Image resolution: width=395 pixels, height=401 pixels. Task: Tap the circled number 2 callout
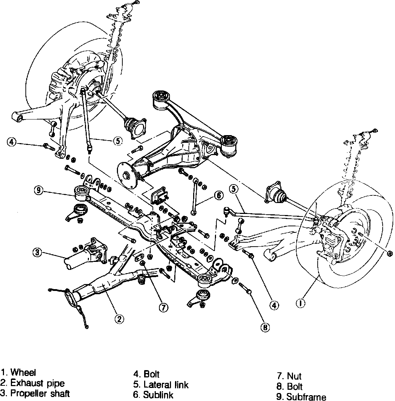coord(119,319)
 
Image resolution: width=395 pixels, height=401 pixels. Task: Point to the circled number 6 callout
coord(219,195)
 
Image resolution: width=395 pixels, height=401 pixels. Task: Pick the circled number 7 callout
coord(164,308)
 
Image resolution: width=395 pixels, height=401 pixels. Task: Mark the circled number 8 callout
coord(265,327)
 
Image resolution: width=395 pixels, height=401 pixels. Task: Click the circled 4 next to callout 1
coord(274,305)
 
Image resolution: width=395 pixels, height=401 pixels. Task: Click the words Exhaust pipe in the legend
coord(37,383)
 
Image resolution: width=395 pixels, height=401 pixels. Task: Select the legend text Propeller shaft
coord(40,393)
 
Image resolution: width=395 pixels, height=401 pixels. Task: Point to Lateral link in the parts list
coord(166,384)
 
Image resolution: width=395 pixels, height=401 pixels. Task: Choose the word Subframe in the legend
coord(306,397)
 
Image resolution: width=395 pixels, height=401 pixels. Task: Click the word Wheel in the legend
coord(23,372)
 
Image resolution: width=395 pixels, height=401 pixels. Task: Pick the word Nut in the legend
coord(294,376)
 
